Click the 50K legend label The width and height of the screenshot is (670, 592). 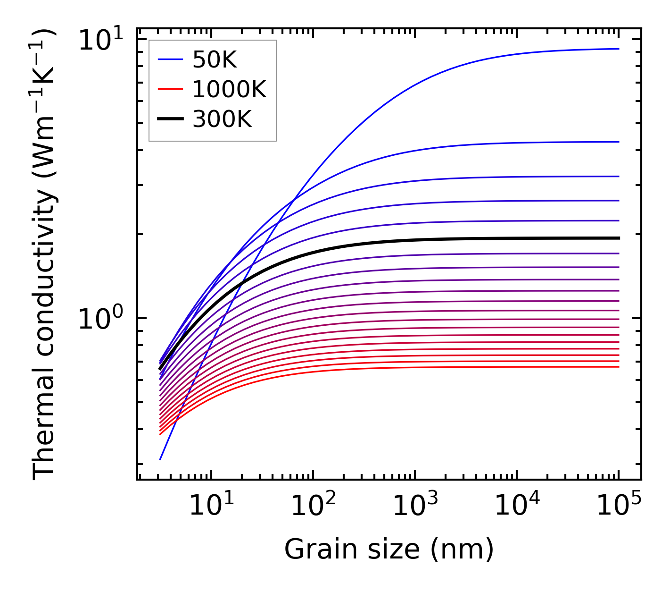point(215,59)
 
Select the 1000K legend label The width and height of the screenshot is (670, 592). point(229,89)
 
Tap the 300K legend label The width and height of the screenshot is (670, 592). point(222,119)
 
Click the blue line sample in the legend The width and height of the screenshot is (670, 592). point(170,59)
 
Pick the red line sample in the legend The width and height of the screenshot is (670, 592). point(170,89)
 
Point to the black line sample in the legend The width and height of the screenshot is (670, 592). point(170,119)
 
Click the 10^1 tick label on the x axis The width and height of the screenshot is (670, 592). point(211,506)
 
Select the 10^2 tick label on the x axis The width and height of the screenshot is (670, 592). point(313,506)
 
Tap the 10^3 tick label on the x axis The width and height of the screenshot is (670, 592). point(414,506)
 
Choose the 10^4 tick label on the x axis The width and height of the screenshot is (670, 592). point(517,506)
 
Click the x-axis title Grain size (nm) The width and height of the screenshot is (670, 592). point(389,550)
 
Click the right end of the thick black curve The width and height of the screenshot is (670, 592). point(619,238)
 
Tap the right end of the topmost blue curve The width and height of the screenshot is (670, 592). point(619,49)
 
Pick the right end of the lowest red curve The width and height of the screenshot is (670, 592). point(619,367)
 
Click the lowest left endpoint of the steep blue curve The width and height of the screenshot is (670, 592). point(160,459)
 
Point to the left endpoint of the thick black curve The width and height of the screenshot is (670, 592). point(160,369)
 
